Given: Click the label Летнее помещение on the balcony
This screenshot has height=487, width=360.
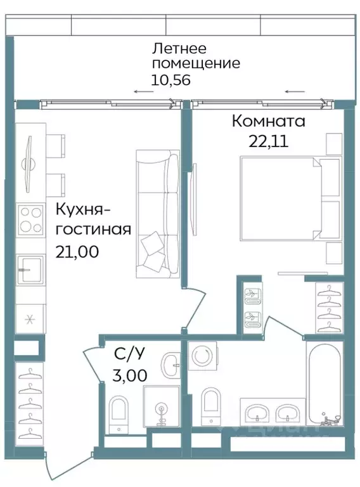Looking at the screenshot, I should [195, 56].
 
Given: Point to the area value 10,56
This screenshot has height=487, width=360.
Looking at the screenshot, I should [171, 80].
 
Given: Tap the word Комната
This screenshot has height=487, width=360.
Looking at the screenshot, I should [268, 120].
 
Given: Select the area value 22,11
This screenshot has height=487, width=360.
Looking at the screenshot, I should [268, 141].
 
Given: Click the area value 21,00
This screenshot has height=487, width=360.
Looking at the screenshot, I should [77, 251].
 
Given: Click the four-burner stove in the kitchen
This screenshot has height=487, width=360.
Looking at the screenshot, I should [30, 220].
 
